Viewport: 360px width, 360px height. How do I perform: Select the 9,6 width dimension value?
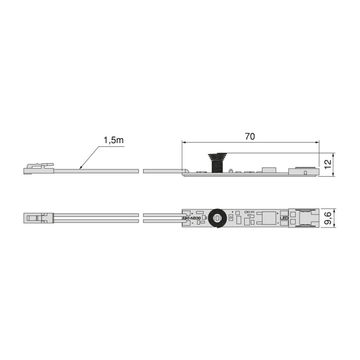pos(328,218)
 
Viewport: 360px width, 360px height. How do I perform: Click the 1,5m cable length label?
pos(113,140)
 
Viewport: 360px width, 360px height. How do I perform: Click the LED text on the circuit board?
pos(284,219)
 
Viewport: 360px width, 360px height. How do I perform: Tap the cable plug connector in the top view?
pos(38,219)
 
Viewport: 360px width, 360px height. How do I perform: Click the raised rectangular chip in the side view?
pos(268,169)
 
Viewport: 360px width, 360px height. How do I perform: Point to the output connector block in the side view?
pos(303,171)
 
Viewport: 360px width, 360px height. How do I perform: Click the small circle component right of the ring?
pos(231,218)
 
